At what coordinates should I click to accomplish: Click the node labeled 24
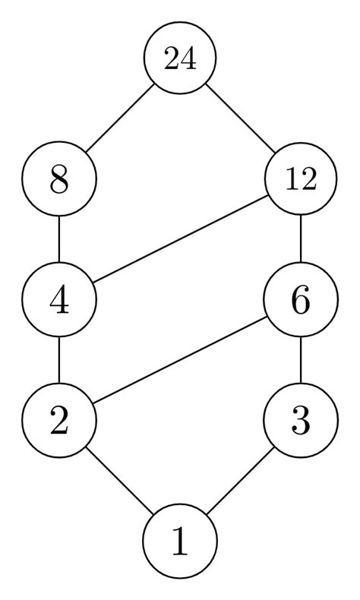coord(180,58)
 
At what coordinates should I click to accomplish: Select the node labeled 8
coord(59,180)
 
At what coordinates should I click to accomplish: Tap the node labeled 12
coord(301,180)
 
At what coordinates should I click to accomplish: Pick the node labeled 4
coord(59,301)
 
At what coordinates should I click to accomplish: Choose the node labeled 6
coord(301,301)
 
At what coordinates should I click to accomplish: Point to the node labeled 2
coord(59,422)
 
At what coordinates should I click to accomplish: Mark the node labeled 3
coord(301,422)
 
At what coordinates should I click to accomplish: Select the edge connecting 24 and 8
coord(119,119)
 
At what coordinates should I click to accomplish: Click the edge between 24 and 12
coord(241,119)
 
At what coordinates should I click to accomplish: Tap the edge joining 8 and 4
coord(59,240)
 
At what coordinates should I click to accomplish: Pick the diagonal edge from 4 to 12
coord(180,240)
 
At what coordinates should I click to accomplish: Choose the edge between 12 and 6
coord(301,240)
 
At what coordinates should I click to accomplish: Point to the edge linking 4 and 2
coord(59,361)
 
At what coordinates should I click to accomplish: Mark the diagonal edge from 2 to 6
coord(180,361)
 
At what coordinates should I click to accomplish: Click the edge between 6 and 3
coord(301,361)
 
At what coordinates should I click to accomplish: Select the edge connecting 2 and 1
coord(119,482)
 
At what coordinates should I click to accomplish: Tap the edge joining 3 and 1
coord(241,482)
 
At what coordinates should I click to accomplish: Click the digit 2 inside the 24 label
coord(172,58)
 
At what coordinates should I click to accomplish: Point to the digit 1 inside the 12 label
coord(293,181)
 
